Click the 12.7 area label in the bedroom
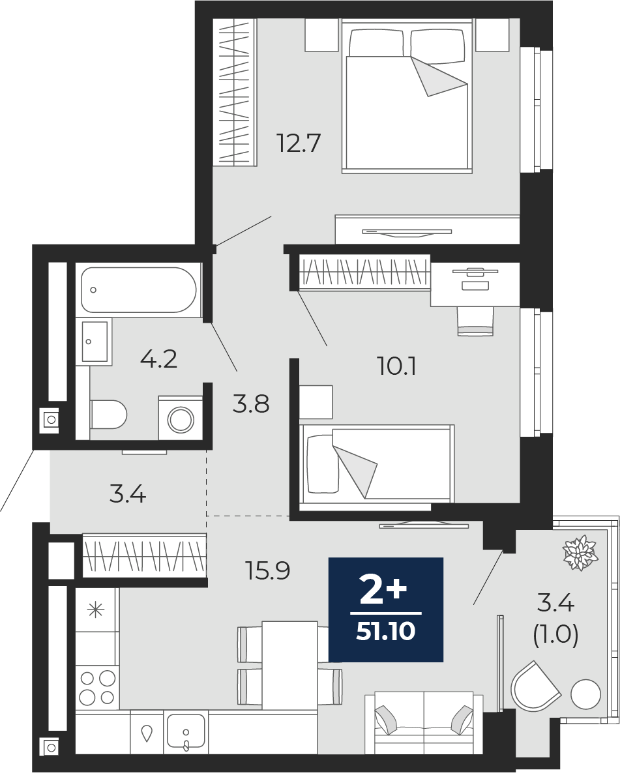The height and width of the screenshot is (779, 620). pos(299,143)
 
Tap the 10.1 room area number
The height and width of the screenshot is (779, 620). pos(396,367)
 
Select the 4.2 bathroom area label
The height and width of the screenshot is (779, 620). pos(158,358)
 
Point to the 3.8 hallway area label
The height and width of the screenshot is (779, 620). pos(251,404)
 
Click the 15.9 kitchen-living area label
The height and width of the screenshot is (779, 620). pos(268,570)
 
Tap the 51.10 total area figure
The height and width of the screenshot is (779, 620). pos(385,632)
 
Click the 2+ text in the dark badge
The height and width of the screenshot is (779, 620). pos(383,592)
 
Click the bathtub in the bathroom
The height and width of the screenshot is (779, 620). pos(139,289)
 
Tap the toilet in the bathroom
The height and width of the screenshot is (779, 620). pos(108,415)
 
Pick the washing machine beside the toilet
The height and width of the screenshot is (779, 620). pos(181,418)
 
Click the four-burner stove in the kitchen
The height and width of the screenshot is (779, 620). pos(97,688)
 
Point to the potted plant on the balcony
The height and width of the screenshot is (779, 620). pos(579,552)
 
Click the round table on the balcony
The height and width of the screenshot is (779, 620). pos(585,694)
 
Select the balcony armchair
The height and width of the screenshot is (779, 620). pos(535,687)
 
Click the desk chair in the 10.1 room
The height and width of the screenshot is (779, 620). pos(475,321)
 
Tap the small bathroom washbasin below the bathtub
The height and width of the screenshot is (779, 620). pos(95,342)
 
